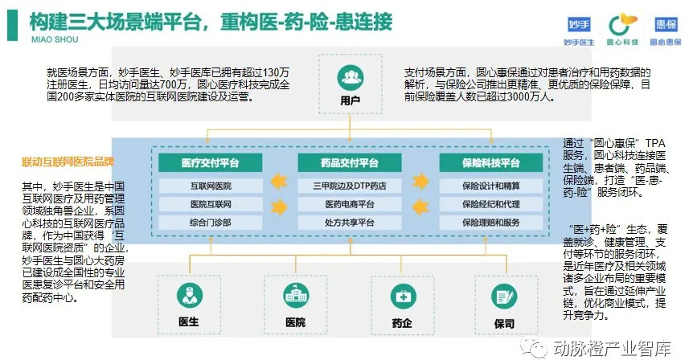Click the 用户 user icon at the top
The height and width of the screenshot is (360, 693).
point(349,78)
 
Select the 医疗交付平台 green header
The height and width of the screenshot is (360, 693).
point(211,163)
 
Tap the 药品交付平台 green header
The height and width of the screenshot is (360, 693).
point(350,163)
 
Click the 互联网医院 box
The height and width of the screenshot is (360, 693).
point(211,186)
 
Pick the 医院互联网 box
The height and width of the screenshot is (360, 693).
point(211,204)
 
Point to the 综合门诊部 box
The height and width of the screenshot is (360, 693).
point(211,223)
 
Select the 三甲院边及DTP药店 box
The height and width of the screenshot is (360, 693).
point(350,186)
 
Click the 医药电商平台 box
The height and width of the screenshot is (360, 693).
point(350,204)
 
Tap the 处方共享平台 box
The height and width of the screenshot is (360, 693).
point(350,223)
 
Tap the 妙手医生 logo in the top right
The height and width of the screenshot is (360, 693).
point(578,26)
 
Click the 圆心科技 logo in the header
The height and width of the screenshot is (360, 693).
point(620,26)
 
